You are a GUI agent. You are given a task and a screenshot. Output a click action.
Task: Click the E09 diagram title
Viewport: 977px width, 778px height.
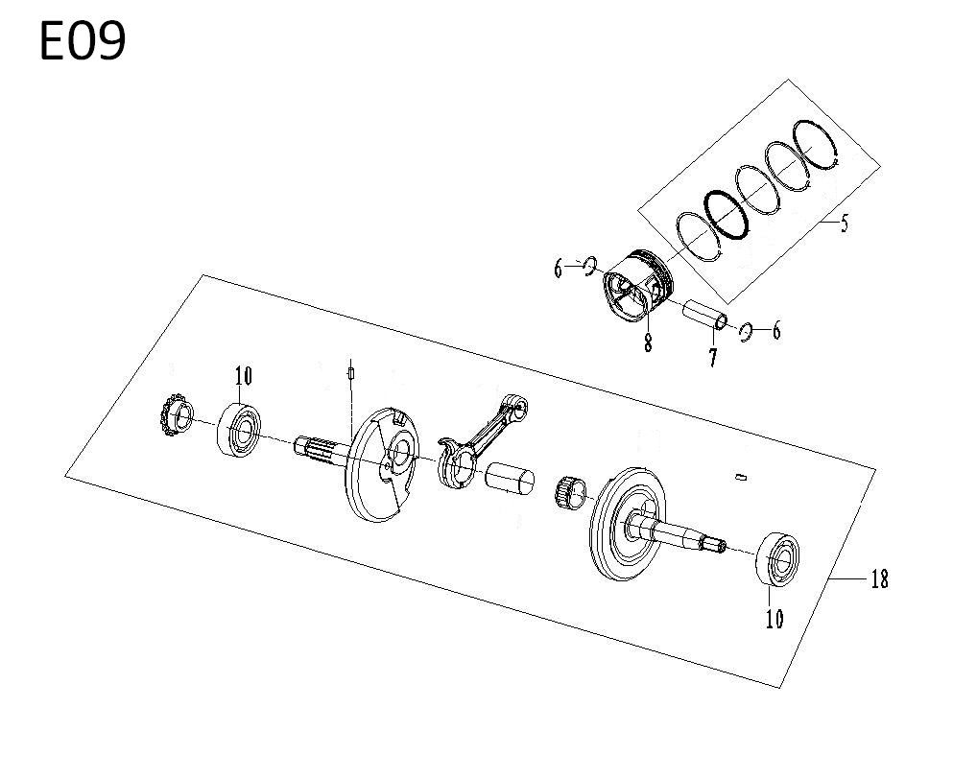point(83,41)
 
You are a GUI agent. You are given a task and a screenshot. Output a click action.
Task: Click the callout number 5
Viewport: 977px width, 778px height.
point(845,223)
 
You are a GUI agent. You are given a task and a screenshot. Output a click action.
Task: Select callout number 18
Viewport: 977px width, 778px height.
point(879,580)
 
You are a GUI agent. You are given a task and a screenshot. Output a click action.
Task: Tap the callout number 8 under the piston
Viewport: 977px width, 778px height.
point(648,342)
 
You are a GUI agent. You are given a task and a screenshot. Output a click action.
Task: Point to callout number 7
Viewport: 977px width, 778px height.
point(712,357)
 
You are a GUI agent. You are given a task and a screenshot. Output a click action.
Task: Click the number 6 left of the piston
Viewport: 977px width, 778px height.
point(559,270)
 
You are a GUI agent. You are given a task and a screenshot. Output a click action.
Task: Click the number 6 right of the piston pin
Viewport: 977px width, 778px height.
point(776,331)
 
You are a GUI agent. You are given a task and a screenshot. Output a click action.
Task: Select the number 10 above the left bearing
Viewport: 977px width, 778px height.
point(244,376)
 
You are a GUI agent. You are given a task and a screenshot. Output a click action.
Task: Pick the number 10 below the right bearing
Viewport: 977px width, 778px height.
point(774,619)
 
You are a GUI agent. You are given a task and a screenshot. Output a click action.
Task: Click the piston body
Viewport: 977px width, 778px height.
point(638,286)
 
